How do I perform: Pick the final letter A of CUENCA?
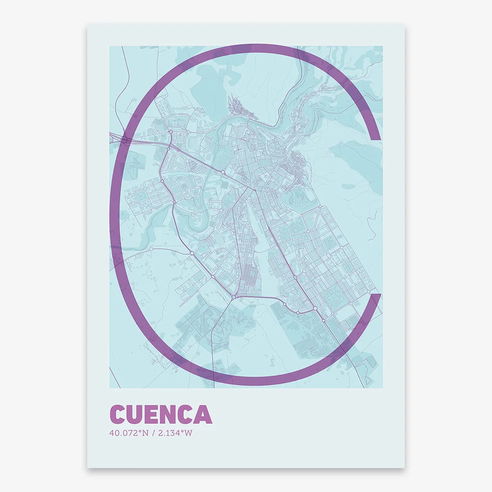202,415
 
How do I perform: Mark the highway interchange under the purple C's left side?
125,140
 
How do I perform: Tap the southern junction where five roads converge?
233,297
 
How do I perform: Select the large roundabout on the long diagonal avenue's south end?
315,308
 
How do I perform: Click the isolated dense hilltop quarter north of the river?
236,105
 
